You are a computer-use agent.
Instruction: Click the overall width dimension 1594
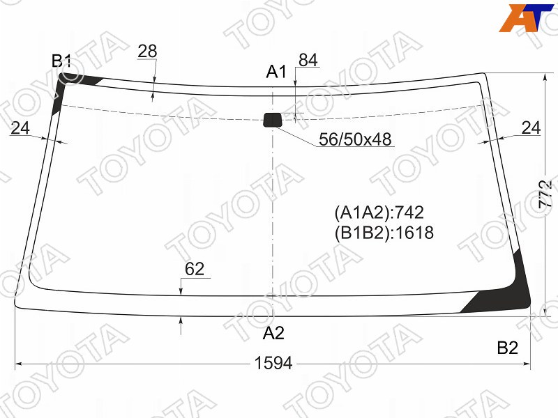273,363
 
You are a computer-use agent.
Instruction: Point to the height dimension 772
545,194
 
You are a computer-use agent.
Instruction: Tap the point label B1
61,61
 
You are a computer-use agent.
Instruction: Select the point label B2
508,348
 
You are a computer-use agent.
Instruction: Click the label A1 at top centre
276,72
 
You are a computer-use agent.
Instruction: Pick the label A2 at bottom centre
273,334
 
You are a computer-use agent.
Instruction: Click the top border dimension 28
147,51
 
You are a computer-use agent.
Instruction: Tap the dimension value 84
308,60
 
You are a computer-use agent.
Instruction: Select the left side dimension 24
20,128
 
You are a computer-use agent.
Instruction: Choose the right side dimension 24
531,127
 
